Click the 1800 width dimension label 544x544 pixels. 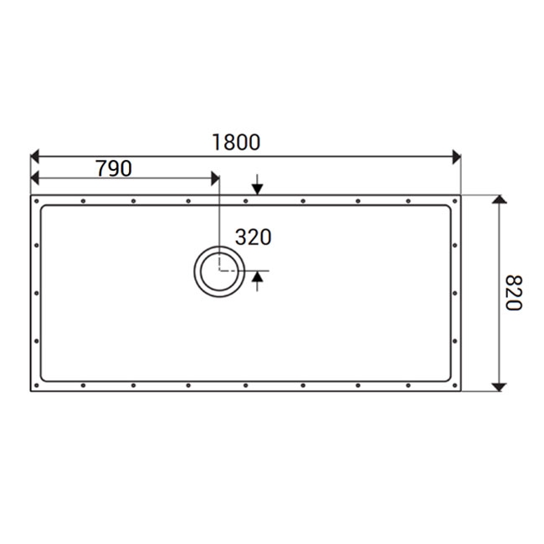coord(235,141)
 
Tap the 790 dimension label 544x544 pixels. coord(114,168)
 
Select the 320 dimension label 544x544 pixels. coord(253,237)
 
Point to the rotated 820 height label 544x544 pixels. coord(513,293)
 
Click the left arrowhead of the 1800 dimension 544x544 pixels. coord(35,157)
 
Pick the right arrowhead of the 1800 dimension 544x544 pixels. coord(456,157)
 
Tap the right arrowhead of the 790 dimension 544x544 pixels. coord(214,178)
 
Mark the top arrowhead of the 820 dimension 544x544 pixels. coord(499,201)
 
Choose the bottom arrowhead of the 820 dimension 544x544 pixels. coord(499,386)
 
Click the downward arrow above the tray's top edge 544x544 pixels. coord(257,189)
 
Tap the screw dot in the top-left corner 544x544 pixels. coord(38,201)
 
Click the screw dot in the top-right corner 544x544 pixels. coord(455,201)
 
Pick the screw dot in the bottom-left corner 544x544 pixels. coord(38,386)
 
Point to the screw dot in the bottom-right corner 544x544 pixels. coord(455,386)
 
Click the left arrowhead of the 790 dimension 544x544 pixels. coord(35,178)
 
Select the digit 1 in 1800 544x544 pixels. coord(216,141)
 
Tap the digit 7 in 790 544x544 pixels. coord(101,168)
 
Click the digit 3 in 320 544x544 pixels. coord(241,237)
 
